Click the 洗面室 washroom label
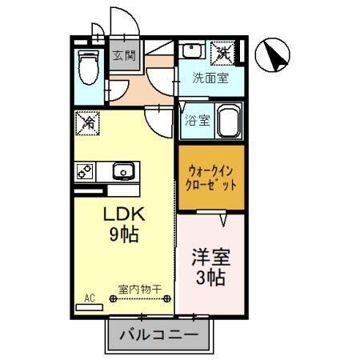pos(210,78)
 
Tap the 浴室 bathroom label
pos(197,121)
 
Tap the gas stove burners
pos(85,170)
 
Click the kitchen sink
pos(123,170)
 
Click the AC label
pos(89,298)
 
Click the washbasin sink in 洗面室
pos(192,50)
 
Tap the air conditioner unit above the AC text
pos(90,306)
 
